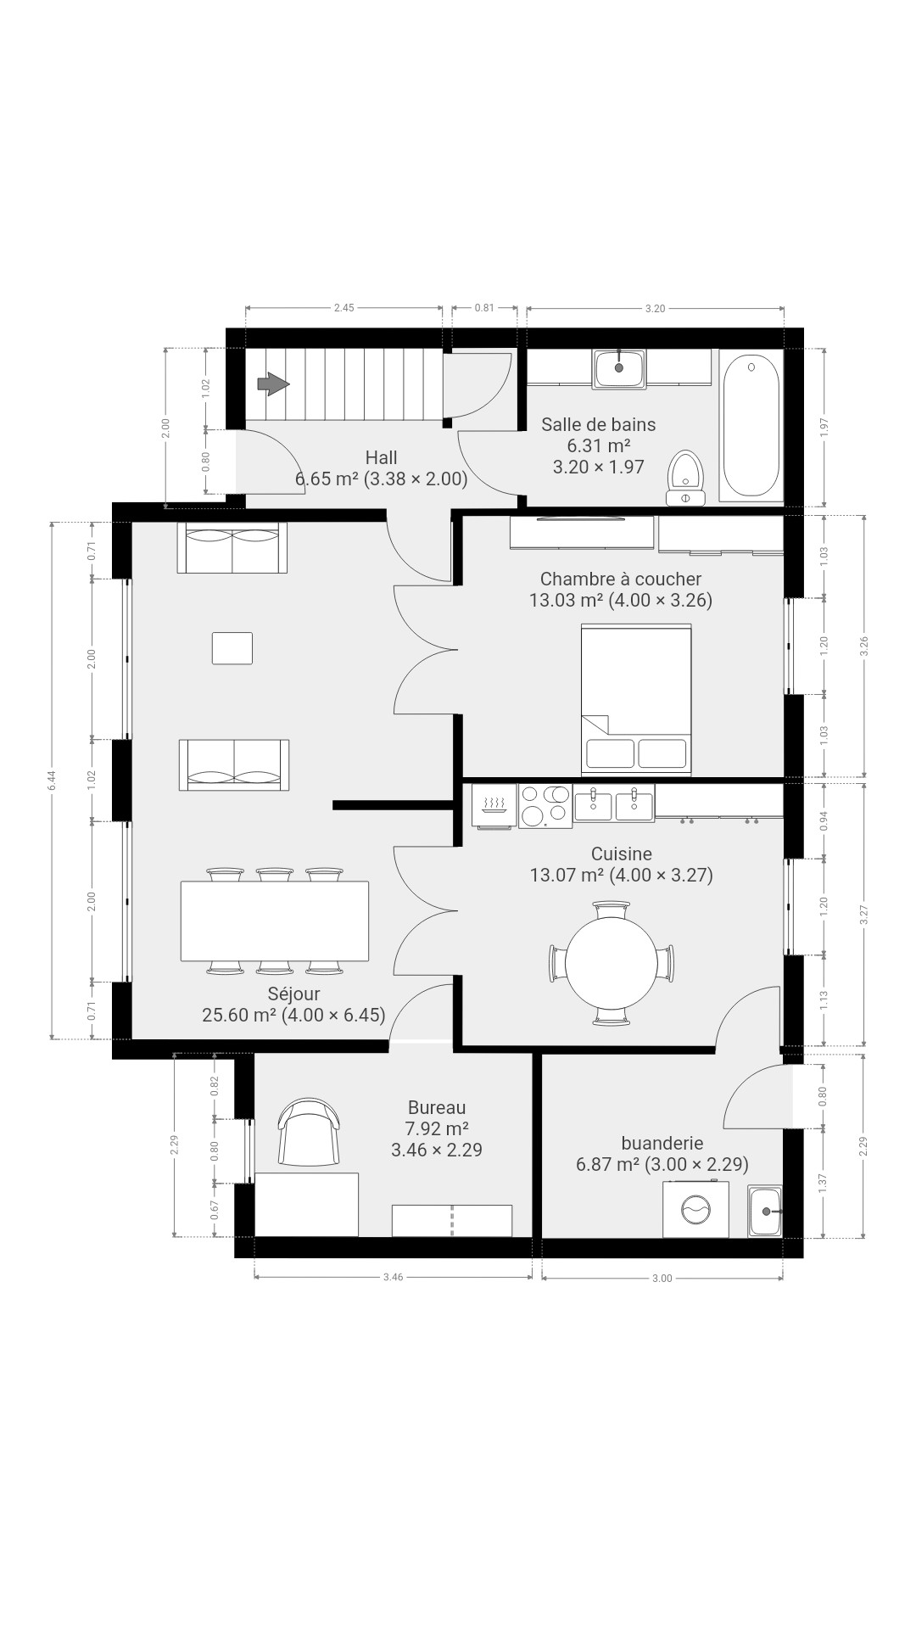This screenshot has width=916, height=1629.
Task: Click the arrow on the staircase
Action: tap(273, 384)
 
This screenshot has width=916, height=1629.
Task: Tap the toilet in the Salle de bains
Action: tap(686, 478)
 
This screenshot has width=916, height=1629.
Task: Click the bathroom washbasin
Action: tap(619, 368)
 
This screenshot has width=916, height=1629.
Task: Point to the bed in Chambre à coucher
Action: tap(636, 700)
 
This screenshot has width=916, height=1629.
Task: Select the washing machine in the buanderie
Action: tap(695, 1208)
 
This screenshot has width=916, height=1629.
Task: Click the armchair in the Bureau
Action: tap(310, 1132)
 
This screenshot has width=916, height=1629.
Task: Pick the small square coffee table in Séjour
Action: tap(232, 648)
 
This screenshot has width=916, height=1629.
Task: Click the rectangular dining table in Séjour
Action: tap(275, 921)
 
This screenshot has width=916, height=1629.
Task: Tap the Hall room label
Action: tap(381, 458)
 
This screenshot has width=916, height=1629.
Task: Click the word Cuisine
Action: tap(622, 854)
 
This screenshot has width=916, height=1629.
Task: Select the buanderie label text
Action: tap(662, 1143)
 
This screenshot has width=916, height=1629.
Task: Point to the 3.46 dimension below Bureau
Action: tap(393, 1277)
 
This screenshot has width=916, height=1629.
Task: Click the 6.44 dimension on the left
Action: tap(52, 781)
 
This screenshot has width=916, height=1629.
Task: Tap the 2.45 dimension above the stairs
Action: tap(343, 308)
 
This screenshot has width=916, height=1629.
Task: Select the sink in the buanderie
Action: tap(764, 1211)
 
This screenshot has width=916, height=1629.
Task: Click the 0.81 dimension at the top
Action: tap(484, 308)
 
